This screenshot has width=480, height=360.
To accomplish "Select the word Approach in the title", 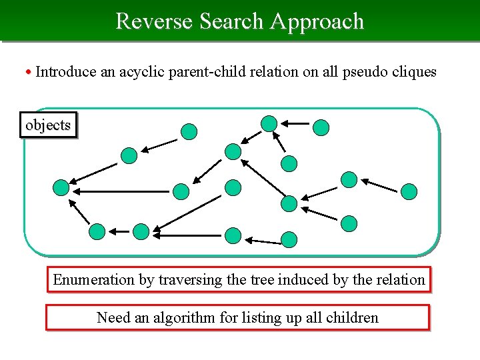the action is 317,21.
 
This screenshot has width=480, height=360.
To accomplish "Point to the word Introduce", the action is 65,71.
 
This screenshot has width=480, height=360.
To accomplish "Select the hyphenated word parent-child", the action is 212,71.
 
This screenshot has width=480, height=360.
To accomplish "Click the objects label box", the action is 48,125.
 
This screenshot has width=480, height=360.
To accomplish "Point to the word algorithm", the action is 182,317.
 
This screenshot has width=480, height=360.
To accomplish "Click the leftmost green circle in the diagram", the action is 61,188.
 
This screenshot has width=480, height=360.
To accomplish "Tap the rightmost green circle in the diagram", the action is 409,192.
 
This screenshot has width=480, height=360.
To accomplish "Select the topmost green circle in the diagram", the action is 269,123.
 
